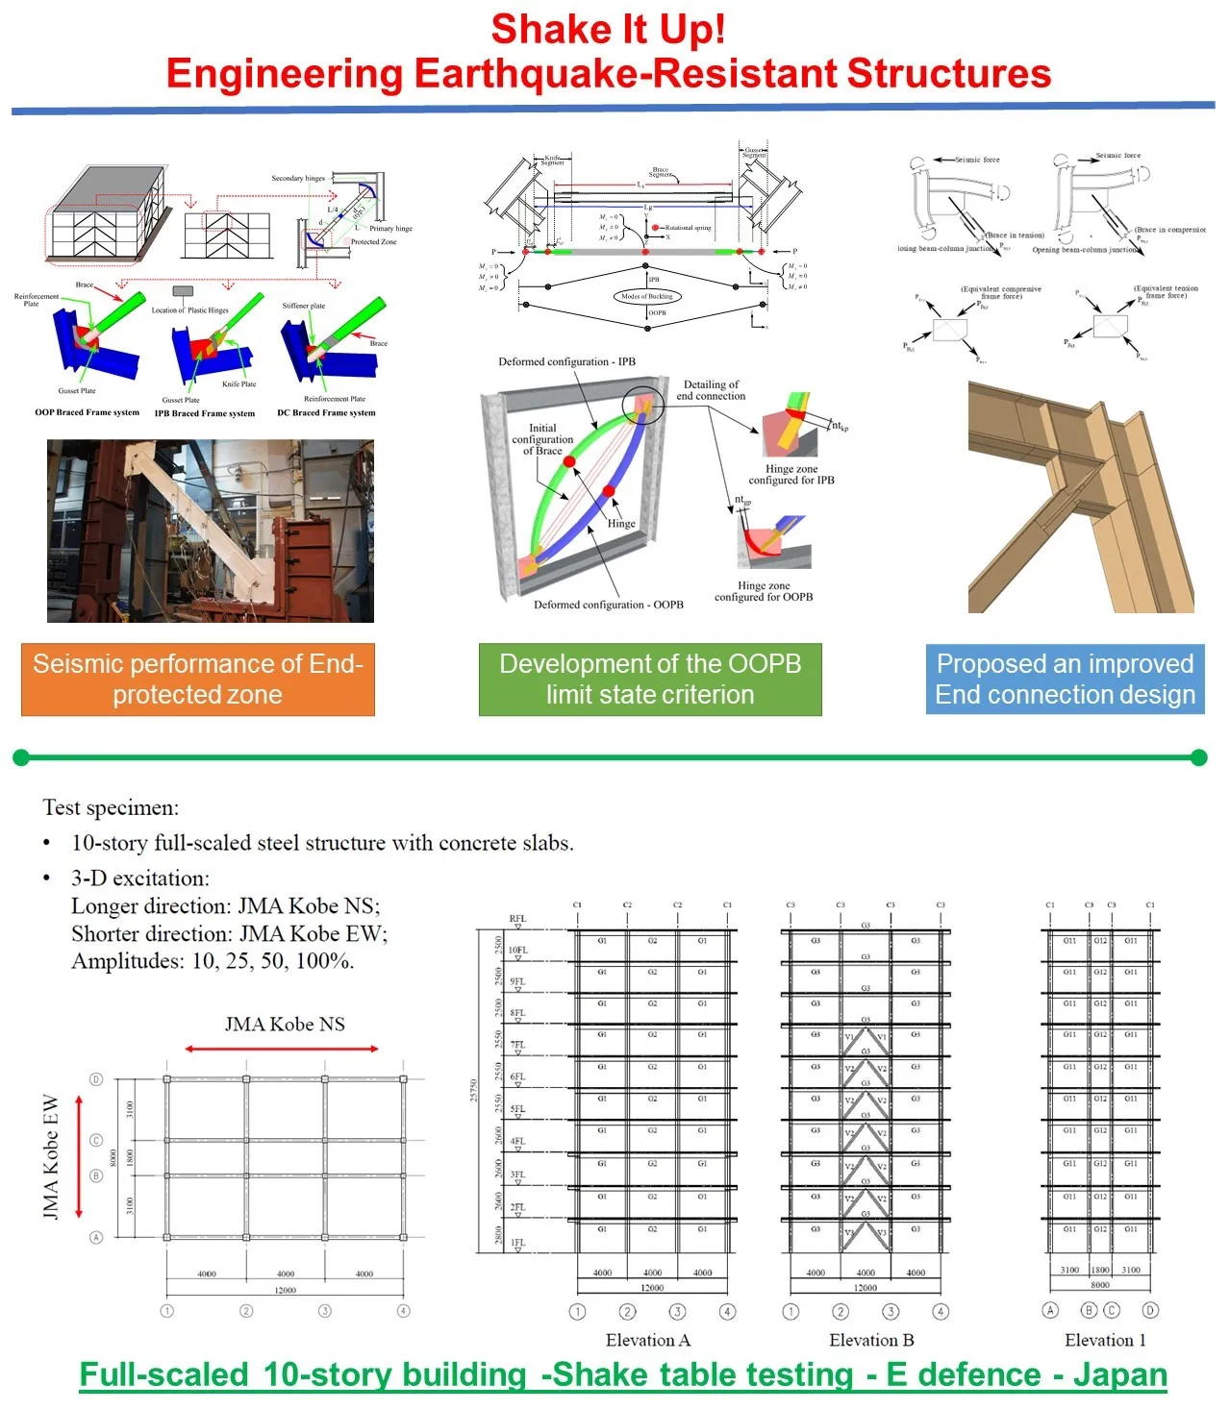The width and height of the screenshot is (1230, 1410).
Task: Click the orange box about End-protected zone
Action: pos(197,680)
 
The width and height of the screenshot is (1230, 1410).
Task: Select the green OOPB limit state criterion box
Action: pos(650,680)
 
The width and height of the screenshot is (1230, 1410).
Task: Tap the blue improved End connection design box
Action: pos(1065,680)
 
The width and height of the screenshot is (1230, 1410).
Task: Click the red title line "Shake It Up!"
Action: pos(608,30)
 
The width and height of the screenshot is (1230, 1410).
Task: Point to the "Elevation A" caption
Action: pos(648,1340)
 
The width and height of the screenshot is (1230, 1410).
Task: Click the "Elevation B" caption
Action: pos(871,1340)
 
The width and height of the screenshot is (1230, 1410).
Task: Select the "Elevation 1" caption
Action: pos(1105,1340)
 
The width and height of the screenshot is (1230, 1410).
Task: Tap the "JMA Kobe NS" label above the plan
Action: pos(285,1025)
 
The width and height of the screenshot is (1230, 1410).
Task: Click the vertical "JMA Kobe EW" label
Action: pos(51,1158)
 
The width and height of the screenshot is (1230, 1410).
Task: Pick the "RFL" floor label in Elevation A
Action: pos(517,919)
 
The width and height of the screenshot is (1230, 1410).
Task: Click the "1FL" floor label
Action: pos(517,1243)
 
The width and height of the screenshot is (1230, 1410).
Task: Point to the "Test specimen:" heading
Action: pos(111,807)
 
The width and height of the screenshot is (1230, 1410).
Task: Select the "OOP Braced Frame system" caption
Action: pos(87,412)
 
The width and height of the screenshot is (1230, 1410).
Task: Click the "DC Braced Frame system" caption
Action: pos(326,412)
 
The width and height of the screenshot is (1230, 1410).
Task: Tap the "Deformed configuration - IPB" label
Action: pos(566,362)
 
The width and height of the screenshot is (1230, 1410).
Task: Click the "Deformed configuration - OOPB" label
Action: pos(609,605)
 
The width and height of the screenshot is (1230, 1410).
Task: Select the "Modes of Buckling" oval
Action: pos(647,296)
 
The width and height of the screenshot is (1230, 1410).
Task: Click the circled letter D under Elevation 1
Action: pos(1150,1310)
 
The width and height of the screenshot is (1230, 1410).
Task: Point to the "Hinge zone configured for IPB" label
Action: pos(791,475)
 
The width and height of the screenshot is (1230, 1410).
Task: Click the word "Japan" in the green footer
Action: pos(1119,1375)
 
